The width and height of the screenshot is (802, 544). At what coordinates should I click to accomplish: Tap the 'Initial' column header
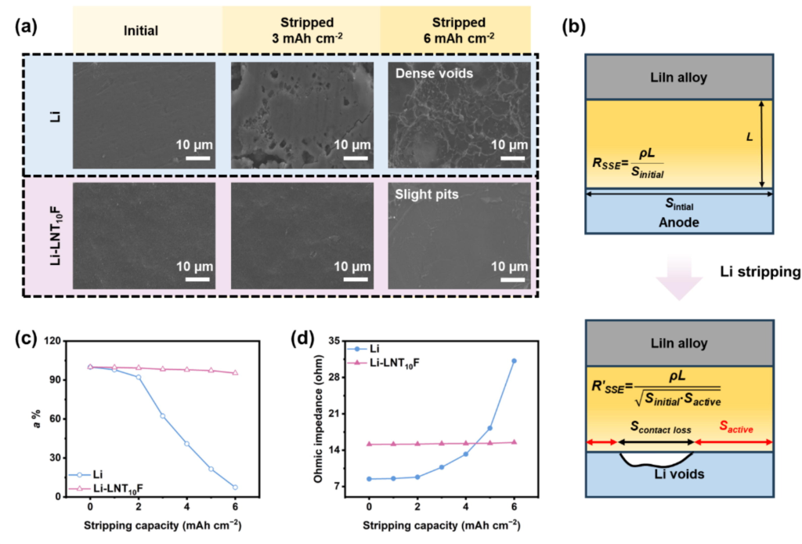pyautogui.click(x=141, y=31)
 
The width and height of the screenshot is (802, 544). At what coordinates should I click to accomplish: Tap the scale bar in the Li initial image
pyautogui.click(x=197, y=158)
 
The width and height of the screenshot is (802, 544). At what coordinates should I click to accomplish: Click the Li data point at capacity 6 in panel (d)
pyautogui.click(x=514, y=361)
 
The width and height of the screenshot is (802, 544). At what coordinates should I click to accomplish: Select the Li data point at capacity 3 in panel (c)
pyautogui.click(x=162, y=415)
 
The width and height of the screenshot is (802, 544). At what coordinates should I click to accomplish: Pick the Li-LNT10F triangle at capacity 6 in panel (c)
pyautogui.click(x=235, y=373)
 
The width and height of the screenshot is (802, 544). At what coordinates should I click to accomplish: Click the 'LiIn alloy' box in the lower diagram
pyautogui.click(x=680, y=343)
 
